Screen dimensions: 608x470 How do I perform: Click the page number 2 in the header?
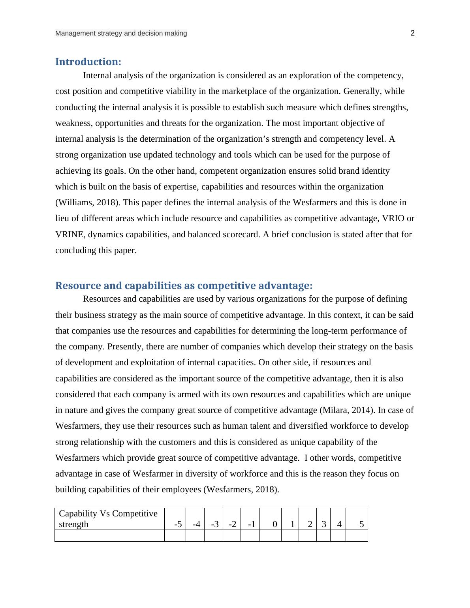pyautogui.click(x=413, y=33)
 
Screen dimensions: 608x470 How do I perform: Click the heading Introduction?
pyautogui.click(x=88, y=62)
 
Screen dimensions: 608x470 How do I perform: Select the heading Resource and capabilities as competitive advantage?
pyautogui.click(x=184, y=285)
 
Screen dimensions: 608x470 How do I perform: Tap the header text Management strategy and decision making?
pyautogui.click(x=121, y=34)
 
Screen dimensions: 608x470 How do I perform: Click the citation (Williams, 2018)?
pyautogui.click(x=86, y=203)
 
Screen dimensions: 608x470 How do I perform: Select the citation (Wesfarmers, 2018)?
pyautogui.click(x=241, y=490)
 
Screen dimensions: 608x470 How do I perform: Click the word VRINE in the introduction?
pyautogui.click(x=69, y=235)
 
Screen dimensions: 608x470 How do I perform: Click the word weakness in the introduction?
pyautogui.click(x=73, y=123)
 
